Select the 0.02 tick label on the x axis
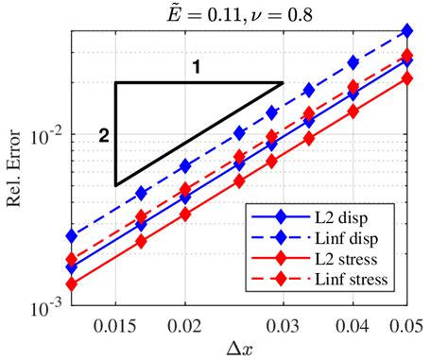point(185,323)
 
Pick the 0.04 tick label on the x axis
point(353,323)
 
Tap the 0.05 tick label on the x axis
point(406,323)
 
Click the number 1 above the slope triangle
point(196,67)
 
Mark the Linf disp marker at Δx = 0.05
point(407,31)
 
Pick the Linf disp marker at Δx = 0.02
point(185,165)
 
